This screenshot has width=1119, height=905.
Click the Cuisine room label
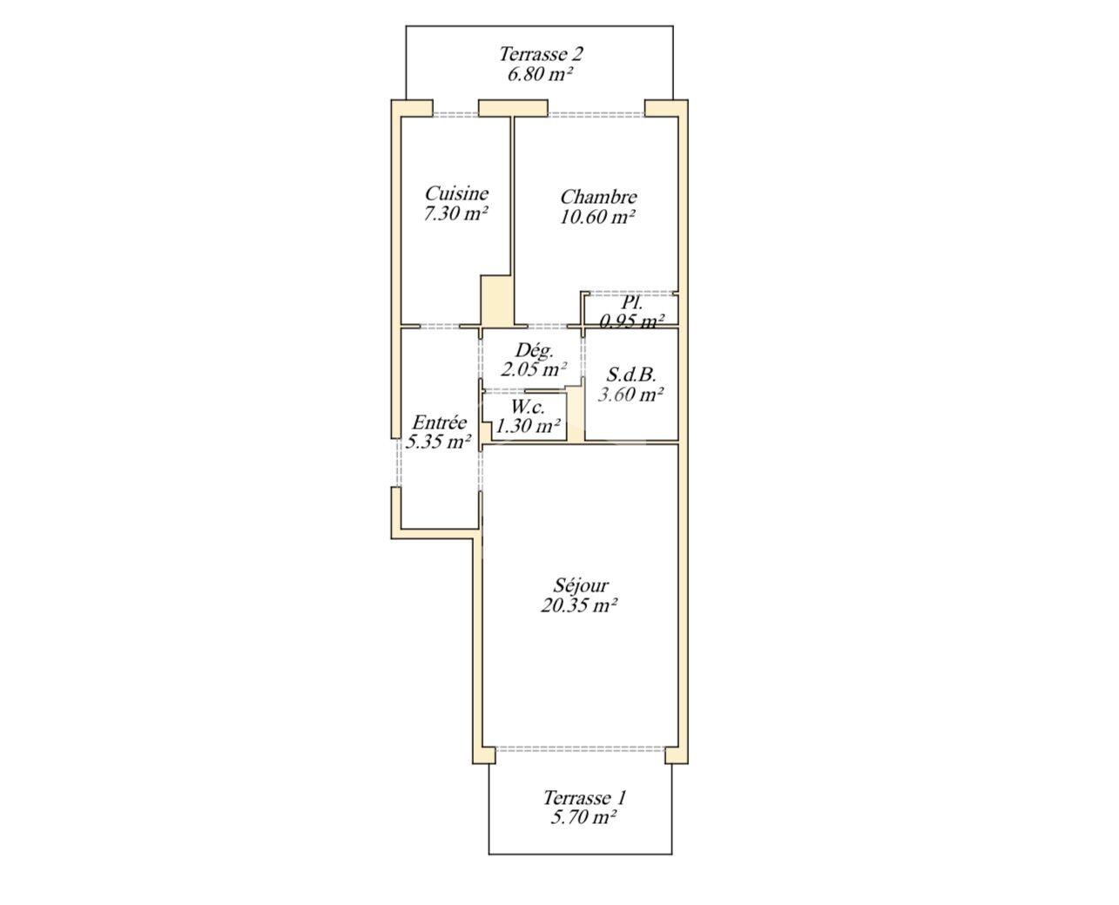point(456,194)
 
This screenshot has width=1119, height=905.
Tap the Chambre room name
point(598,197)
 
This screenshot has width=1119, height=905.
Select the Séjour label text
point(581,586)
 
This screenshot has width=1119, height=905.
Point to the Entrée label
point(439,422)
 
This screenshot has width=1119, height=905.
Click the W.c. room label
point(528,407)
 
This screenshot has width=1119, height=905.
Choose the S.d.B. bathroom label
point(631,375)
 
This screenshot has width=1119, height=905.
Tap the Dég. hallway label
point(534,350)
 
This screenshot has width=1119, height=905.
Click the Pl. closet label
point(631,303)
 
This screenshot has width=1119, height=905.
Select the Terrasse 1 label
point(584,798)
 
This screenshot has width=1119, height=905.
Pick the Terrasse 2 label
point(541,54)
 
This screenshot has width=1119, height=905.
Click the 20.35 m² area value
point(578,606)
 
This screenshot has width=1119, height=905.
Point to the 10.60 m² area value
point(597,217)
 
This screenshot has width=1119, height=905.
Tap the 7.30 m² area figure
point(456,214)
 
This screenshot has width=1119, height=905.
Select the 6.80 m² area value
point(540,74)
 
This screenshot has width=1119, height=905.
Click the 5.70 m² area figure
point(583,818)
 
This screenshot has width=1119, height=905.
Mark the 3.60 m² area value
point(630,395)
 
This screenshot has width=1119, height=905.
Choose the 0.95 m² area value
point(631,321)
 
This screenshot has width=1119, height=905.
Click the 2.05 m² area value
point(534,370)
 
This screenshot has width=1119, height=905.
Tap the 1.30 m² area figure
point(528,426)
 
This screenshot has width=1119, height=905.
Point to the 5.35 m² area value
point(438,442)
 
